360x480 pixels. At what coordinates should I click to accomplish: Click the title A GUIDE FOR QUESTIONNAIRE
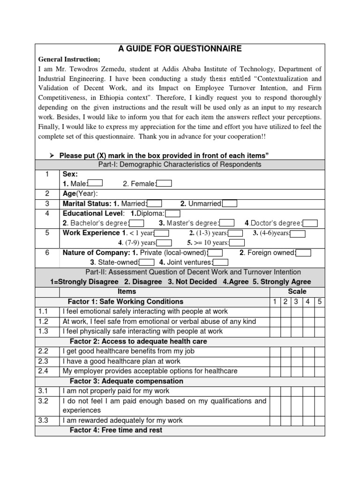click(180, 49)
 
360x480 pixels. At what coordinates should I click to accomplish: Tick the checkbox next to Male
click(95, 183)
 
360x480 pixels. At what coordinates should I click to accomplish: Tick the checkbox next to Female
click(165, 183)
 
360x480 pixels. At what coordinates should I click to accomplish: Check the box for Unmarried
click(230, 203)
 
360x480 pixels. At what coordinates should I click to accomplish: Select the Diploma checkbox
click(173, 213)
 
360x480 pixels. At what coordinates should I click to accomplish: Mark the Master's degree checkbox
click(227, 223)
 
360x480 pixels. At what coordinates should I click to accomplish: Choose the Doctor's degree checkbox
click(310, 223)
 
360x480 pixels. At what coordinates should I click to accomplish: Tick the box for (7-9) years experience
click(165, 243)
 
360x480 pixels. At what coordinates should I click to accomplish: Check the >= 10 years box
click(237, 243)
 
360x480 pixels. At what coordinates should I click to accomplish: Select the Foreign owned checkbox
click(303, 253)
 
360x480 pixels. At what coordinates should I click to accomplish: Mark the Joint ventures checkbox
click(221, 262)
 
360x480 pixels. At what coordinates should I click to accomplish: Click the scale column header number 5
click(319, 301)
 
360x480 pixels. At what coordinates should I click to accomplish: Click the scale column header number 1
click(274, 301)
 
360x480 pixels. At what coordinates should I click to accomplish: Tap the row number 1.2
click(43, 321)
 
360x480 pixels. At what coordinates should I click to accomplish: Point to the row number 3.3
click(43, 420)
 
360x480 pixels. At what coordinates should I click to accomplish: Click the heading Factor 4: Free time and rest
click(116, 430)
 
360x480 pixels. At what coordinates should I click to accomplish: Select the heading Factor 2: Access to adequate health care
click(138, 341)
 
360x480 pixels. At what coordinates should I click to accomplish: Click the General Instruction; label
click(69, 60)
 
